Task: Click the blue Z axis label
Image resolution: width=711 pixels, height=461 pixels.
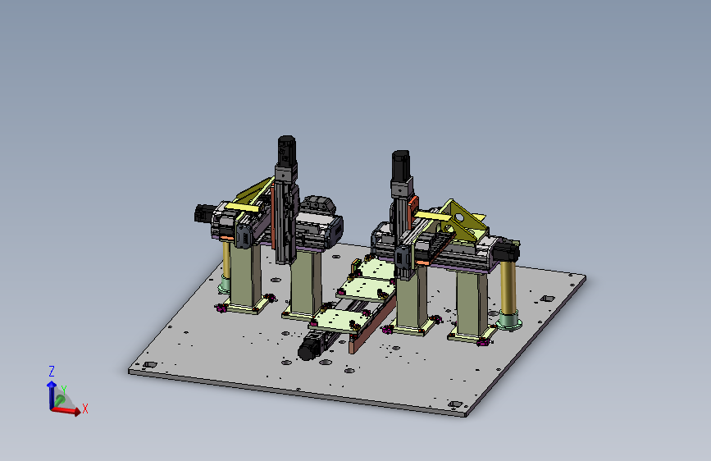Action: tap(52, 371)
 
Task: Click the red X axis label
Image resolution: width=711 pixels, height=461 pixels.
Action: tap(84, 409)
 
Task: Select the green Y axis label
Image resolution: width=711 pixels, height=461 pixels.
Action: tap(64, 390)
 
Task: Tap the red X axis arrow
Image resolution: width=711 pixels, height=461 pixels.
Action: tap(66, 411)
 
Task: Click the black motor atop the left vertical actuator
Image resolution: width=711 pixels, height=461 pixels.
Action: tap(286, 150)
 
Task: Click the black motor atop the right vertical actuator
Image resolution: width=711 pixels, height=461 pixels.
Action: tap(401, 165)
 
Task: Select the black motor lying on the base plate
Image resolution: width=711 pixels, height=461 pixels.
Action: tap(310, 349)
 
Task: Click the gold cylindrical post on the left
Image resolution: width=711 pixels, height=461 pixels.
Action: tap(226, 260)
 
